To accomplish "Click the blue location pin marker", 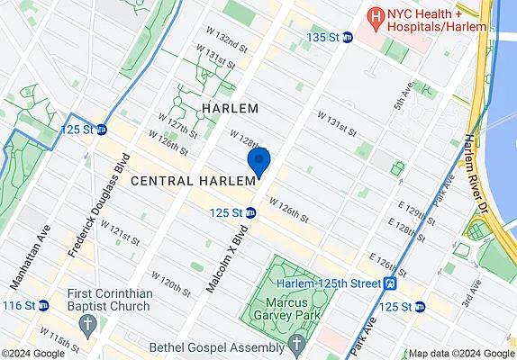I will pyautogui.click(x=259, y=163).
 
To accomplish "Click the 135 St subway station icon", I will pyautogui.click(x=347, y=37).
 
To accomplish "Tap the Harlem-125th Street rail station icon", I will pyautogui.click(x=391, y=283).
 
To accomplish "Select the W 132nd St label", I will pyautogui.click(x=226, y=42).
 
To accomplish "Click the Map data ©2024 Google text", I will pyautogui.click(x=459, y=354).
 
